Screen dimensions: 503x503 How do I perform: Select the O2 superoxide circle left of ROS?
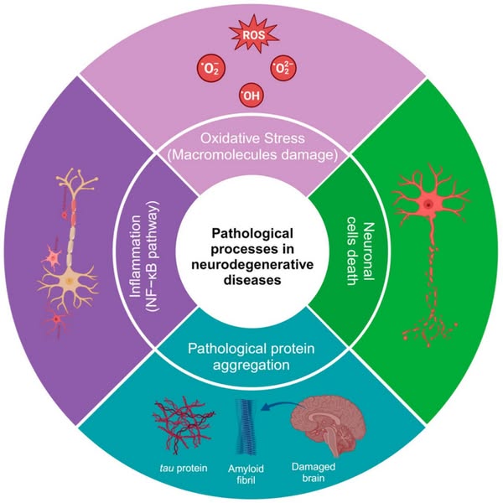point(207,67)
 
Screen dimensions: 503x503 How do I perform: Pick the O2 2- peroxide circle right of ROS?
point(283,67)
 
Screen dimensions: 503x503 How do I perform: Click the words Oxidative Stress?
point(251,138)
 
